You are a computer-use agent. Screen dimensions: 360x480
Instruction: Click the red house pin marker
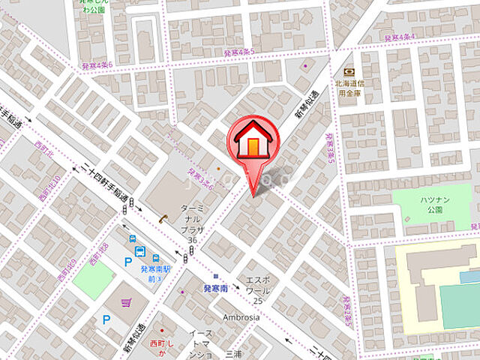(x=253, y=140)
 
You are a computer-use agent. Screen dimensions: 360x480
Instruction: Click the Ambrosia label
(x=241, y=316)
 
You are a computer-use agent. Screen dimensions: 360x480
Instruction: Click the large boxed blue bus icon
(x=139, y=252)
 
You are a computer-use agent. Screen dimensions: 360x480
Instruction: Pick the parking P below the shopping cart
(x=106, y=319)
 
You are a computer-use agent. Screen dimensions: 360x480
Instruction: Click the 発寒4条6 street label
(x=97, y=67)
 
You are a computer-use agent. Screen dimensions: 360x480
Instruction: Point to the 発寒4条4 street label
(x=399, y=36)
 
